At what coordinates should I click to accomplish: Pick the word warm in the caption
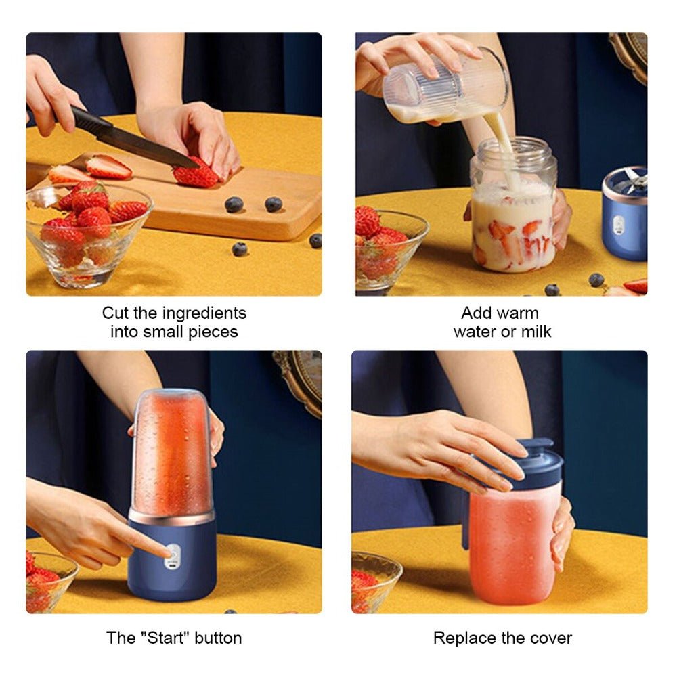click(x=519, y=313)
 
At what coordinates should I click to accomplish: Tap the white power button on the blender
click(x=173, y=554)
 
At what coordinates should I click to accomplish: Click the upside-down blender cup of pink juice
click(x=172, y=454)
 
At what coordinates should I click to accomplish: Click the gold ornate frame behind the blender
click(x=301, y=379)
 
